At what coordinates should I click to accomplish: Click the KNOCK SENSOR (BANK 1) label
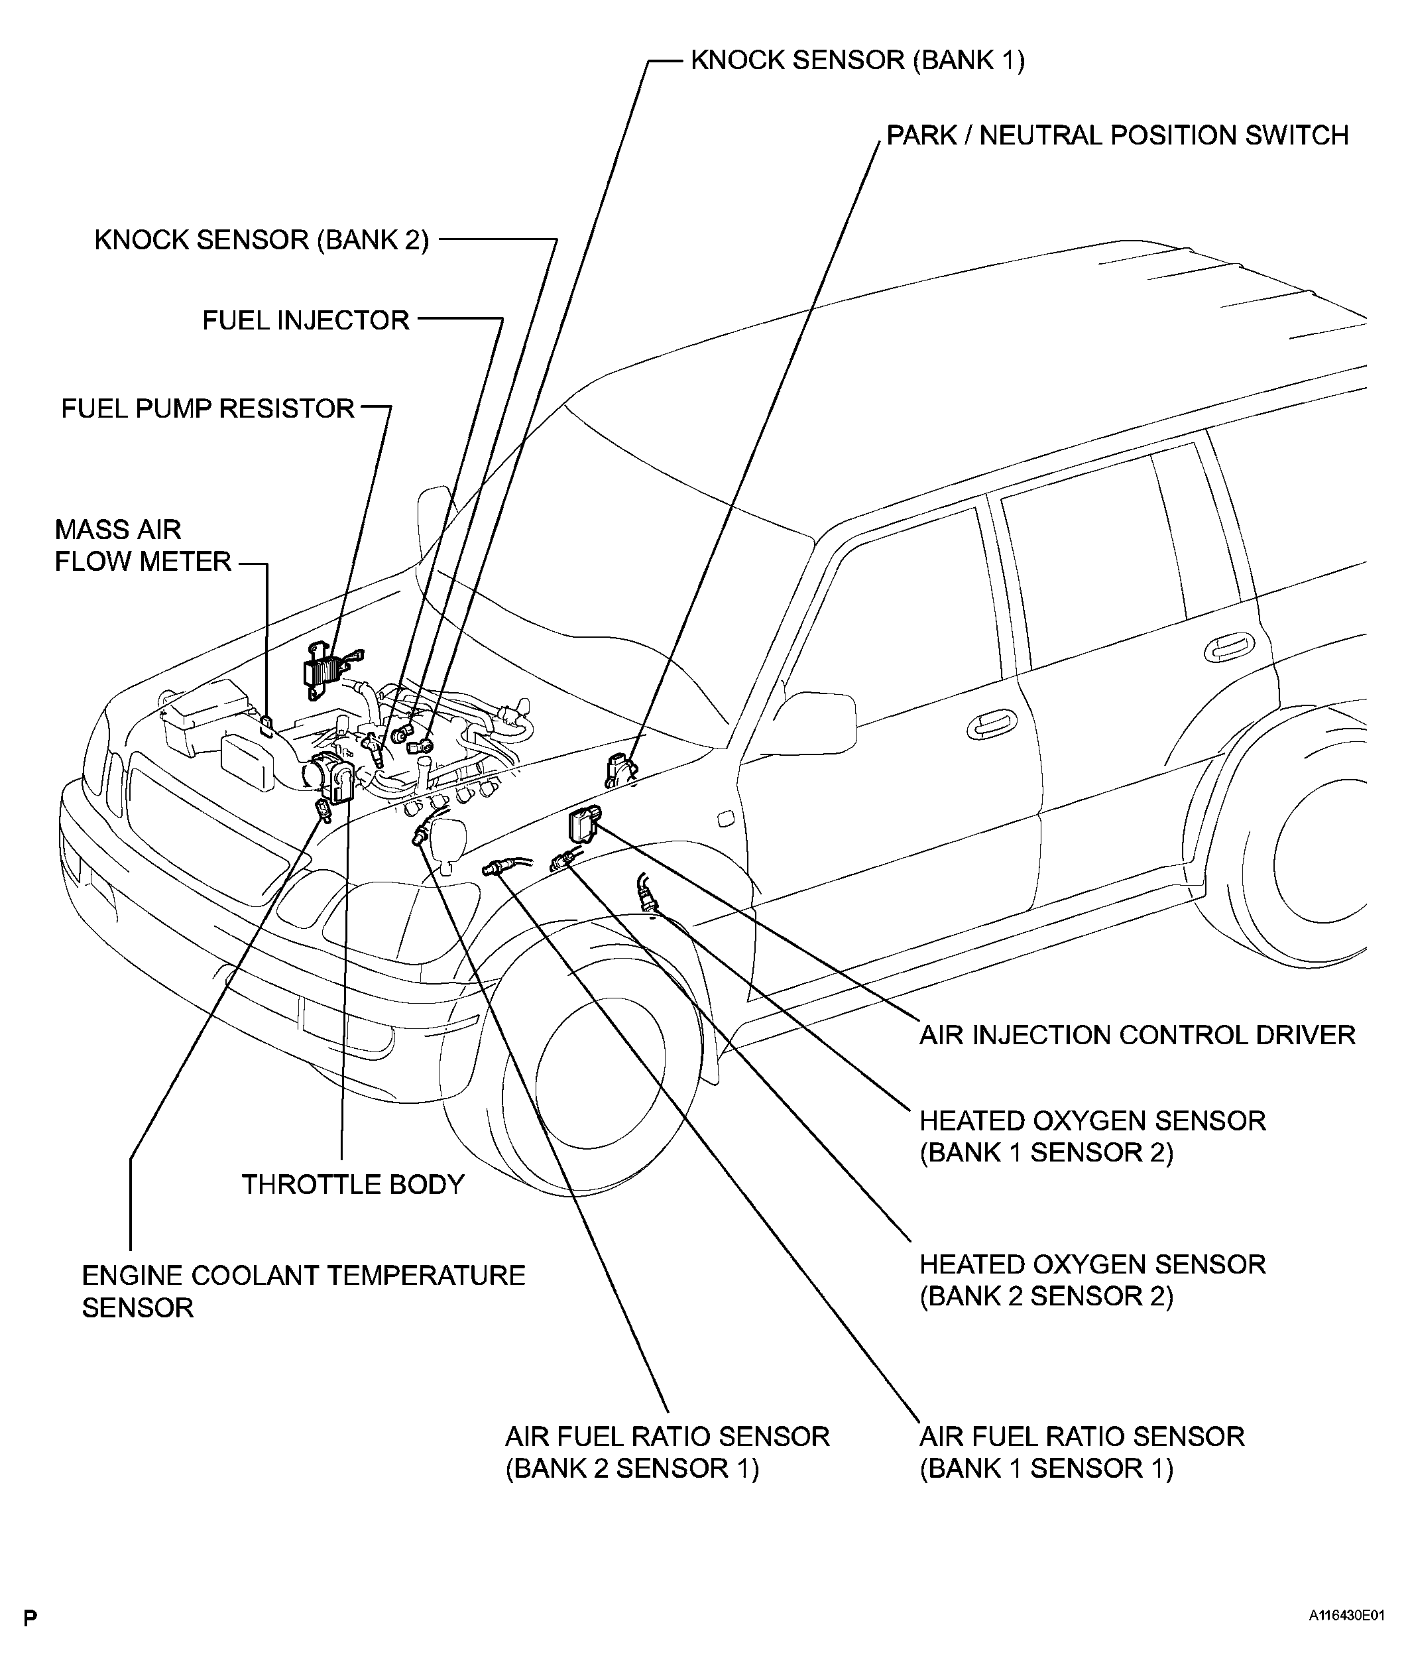pyautogui.click(x=857, y=60)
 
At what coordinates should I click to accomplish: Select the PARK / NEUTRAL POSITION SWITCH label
pyautogui.click(x=1118, y=136)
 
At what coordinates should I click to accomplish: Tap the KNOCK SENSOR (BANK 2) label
pyautogui.click(x=262, y=240)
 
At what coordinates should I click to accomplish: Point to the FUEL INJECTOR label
pyautogui.click(x=306, y=321)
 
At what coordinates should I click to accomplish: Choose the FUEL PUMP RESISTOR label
pyautogui.click(x=207, y=408)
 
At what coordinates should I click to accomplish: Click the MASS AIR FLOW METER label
pyautogui.click(x=142, y=546)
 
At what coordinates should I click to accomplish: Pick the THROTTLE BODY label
pyautogui.click(x=353, y=1184)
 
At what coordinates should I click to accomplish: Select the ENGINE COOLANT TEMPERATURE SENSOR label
pyautogui.click(x=304, y=1291)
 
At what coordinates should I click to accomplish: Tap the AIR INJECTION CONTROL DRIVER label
pyautogui.click(x=1137, y=1035)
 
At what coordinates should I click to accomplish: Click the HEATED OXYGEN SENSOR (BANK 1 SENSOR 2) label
pyautogui.click(x=1092, y=1136)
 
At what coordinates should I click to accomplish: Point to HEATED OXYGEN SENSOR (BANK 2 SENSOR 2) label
pyautogui.click(x=1092, y=1280)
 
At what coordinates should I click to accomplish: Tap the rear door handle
pyautogui.click(x=1229, y=650)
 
